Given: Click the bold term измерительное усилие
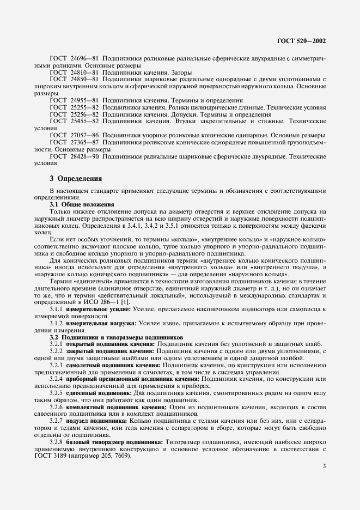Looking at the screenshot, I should click(97, 309).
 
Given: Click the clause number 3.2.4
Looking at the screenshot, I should click(56, 378).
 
